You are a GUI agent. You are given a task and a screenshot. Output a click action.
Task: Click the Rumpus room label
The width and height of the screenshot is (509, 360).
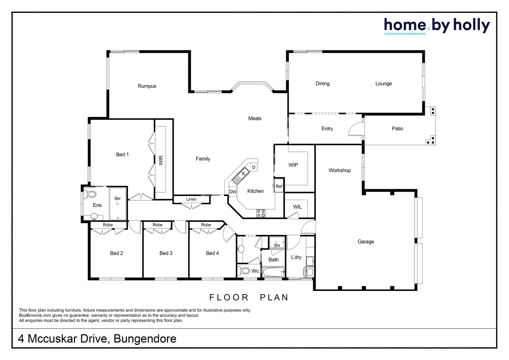147,86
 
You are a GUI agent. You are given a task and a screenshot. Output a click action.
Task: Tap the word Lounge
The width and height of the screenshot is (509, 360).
383,84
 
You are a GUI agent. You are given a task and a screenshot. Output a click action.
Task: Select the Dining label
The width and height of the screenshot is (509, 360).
322,84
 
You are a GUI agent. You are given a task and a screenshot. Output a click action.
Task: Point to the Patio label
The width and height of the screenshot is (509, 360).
397,129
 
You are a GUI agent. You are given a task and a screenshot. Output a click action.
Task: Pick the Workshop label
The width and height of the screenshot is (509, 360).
339,170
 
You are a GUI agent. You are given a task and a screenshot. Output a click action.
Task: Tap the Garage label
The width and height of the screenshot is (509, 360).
365,242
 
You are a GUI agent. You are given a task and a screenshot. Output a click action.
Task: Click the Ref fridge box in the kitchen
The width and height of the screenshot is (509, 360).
279,186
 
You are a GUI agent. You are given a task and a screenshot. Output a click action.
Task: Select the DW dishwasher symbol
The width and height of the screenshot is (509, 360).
233,192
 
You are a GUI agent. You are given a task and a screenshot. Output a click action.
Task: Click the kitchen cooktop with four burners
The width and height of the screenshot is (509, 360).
261,213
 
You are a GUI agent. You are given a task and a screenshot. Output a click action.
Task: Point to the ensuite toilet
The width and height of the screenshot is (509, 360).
90,194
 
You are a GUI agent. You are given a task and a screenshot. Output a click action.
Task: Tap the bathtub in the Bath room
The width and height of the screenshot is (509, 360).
273,272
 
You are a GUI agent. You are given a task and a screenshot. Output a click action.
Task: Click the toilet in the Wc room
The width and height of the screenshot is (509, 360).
244,271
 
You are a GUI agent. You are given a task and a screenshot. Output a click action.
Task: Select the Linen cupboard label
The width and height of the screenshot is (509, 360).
191,199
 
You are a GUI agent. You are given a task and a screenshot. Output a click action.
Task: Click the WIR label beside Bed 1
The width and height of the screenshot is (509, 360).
161,160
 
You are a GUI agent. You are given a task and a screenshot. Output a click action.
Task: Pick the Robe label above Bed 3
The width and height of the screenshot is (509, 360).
158,225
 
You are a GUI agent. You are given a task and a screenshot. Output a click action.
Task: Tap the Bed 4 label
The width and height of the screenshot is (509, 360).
212,253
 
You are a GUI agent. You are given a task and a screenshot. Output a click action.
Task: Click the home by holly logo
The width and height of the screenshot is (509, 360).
437,26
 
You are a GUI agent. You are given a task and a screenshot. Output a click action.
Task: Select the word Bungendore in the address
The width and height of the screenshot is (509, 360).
145,339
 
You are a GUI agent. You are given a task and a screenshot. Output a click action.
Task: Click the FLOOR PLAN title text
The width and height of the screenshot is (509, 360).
249,297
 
